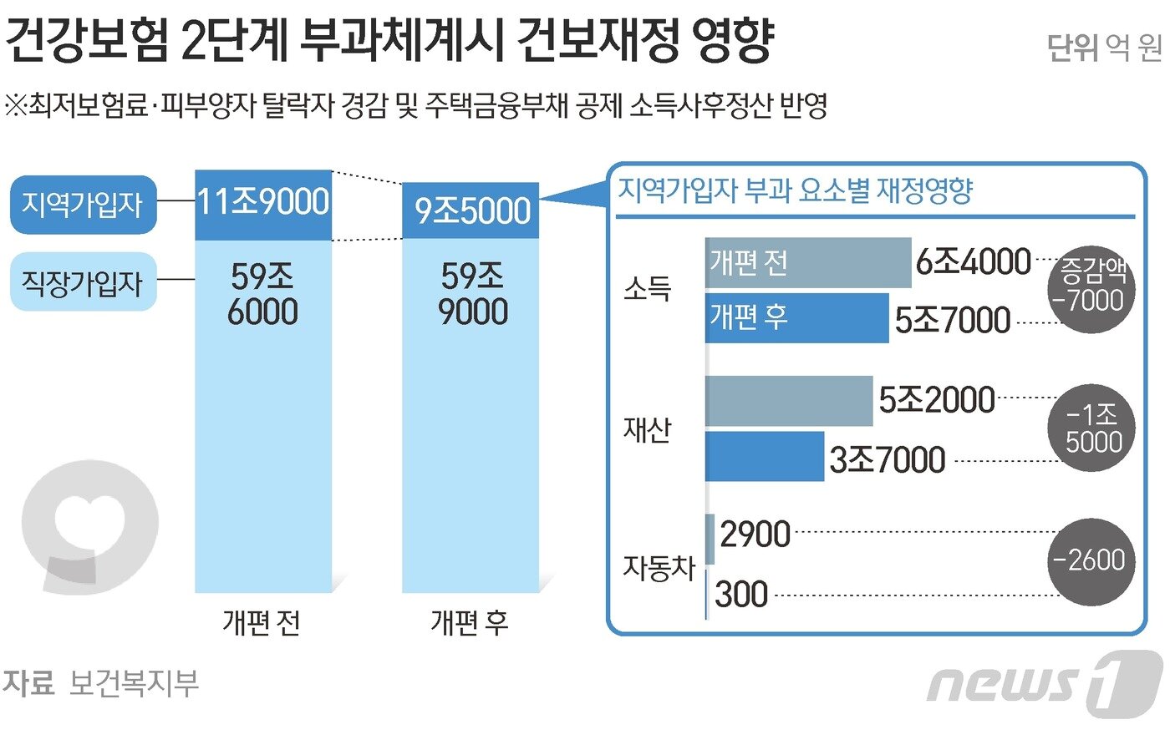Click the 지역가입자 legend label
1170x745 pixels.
point(83,205)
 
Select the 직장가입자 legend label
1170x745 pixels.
point(83,282)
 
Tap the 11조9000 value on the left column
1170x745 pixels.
point(263,202)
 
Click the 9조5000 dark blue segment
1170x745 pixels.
point(471,210)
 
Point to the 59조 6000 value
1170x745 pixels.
point(263,294)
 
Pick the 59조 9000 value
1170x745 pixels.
point(472,294)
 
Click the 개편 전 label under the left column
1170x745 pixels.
point(262,622)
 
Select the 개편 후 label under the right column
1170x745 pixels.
point(470,622)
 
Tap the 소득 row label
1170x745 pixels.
point(648,289)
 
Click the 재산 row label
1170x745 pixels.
point(648,429)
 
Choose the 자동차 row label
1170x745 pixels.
point(659,568)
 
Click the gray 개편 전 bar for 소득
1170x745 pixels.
point(807,263)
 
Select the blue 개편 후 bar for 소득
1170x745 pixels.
point(796,317)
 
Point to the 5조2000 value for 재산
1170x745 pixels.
point(936,401)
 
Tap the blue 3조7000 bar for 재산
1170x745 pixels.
point(764,456)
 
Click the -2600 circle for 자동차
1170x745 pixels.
point(1091,560)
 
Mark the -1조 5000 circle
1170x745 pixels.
point(1091,428)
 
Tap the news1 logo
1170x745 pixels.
point(1045,683)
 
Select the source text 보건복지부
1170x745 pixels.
point(134,683)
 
